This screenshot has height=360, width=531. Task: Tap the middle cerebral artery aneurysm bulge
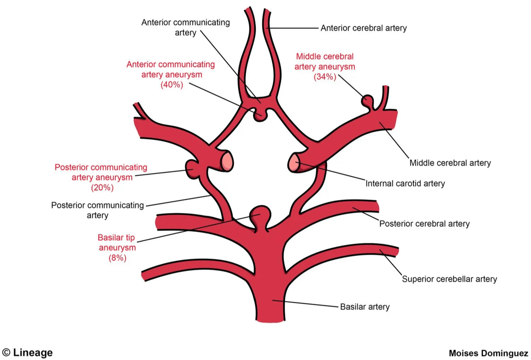click(x=368, y=101)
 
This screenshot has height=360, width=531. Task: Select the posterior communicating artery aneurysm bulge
click(x=193, y=167)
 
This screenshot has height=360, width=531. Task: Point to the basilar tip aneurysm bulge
click(x=259, y=216)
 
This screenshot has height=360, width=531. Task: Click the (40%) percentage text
click(x=172, y=85)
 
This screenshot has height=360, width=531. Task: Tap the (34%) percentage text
click(x=325, y=77)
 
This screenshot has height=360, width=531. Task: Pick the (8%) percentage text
click(x=117, y=257)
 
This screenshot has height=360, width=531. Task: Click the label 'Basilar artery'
click(x=364, y=307)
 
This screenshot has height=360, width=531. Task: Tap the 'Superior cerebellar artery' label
click(x=449, y=279)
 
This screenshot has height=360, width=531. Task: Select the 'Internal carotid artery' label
click(x=405, y=183)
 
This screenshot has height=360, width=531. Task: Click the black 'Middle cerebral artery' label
click(x=450, y=163)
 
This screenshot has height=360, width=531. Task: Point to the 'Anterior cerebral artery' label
click(x=363, y=28)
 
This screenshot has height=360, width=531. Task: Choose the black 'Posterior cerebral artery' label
click(x=424, y=224)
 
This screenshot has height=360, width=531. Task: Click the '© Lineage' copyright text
click(x=27, y=352)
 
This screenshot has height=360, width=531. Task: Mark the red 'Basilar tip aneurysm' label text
click(x=117, y=242)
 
